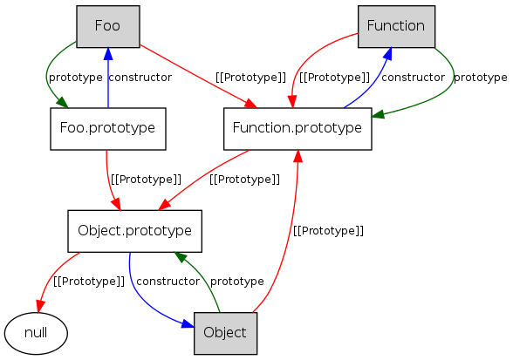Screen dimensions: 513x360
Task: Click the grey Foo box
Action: point(108,26)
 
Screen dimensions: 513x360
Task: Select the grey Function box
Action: point(396,26)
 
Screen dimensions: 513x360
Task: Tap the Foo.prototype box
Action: point(108,129)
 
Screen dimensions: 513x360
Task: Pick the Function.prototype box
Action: point(298,129)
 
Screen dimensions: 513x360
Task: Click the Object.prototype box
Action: point(134,231)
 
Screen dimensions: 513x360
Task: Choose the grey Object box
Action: point(225,333)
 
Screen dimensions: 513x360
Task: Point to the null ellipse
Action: point(36,333)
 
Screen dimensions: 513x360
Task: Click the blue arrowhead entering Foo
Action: point(108,54)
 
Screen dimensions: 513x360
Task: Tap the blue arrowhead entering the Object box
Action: point(188,323)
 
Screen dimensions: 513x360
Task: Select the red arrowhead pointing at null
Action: point(39,306)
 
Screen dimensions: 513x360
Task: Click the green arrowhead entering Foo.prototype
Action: point(62,102)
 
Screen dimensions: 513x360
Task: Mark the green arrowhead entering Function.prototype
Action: point(378,114)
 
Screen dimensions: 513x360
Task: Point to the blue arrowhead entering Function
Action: point(388,54)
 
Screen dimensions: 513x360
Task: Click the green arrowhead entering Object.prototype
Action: point(180,256)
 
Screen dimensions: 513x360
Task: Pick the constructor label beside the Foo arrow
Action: point(140,78)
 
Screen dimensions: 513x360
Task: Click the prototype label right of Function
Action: point(480,78)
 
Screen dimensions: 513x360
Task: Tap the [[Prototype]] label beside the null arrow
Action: point(89,282)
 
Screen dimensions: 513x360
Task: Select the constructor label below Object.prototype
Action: point(168,282)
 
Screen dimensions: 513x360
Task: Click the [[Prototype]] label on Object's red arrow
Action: point(328,231)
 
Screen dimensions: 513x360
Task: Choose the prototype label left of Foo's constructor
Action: point(76,78)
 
